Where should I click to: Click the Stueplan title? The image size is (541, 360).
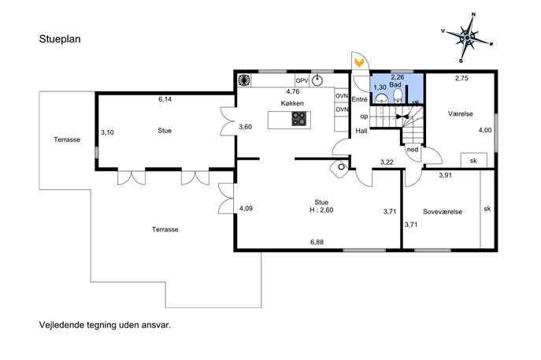point(60,39)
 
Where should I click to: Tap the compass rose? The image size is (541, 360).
point(467,38)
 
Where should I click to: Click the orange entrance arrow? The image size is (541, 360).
point(359,63)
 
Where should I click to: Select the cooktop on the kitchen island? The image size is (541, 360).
point(298,119)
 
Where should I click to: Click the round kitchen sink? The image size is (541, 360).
point(317,80)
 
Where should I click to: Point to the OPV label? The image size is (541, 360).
point(302,81)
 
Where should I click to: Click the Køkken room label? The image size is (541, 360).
point(292,103)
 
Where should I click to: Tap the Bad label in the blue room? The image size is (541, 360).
point(395,84)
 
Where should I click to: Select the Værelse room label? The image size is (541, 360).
point(460,113)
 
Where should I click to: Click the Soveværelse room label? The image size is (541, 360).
point(443,212)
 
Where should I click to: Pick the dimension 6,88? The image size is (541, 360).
point(317,243)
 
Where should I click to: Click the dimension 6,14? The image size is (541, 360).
point(165,99)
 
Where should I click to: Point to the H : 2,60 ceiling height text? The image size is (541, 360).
point(321,210)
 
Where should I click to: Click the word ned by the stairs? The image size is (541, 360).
point(413,150)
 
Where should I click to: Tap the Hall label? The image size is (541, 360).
point(361,131)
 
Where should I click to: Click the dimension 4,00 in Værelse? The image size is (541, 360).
point(485,130)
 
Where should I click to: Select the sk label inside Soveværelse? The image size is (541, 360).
point(487,209)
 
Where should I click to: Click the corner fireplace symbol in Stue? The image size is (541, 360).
point(339,168)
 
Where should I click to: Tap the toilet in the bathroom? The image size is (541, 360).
point(398,96)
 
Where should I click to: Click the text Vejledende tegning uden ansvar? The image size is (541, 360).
point(105,325)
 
